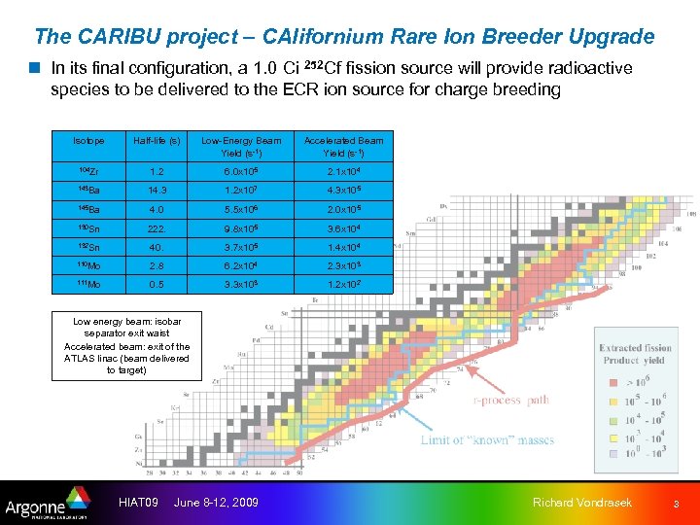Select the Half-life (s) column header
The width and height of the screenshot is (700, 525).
[x=157, y=141]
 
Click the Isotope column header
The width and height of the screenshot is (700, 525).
[x=87, y=141]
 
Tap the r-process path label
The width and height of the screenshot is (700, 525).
[x=510, y=400]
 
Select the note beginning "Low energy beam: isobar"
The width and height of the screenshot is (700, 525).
[x=127, y=345]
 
